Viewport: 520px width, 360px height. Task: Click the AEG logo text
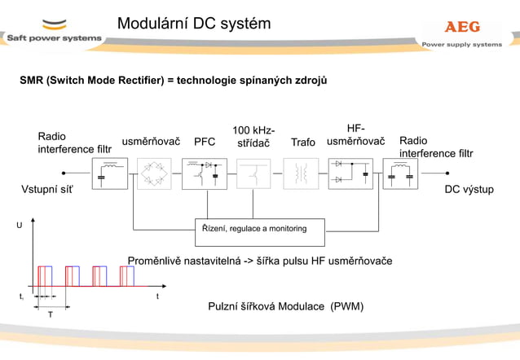pyautogui.click(x=462, y=27)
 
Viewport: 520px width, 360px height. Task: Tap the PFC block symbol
pyautogui.click(x=204, y=173)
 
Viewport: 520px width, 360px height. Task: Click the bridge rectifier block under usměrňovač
pyautogui.click(x=153, y=173)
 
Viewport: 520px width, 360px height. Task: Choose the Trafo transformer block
pyautogui.click(x=301, y=173)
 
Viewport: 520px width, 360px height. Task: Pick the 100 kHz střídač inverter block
pyautogui.click(x=253, y=173)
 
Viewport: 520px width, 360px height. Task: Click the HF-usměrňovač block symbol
pyautogui.click(x=350, y=173)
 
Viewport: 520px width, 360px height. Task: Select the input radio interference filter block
pyautogui.click(x=109, y=173)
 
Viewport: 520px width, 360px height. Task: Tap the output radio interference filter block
pyautogui.click(x=400, y=173)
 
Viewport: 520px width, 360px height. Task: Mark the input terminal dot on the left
pyautogui.click(x=64, y=173)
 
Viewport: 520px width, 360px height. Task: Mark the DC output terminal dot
pyautogui.click(x=447, y=173)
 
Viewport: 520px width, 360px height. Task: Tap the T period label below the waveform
pyautogui.click(x=50, y=314)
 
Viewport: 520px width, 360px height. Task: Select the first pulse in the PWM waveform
pyautogui.click(x=44, y=276)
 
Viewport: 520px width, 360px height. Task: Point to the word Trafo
pyautogui.click(x=302, y=143)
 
